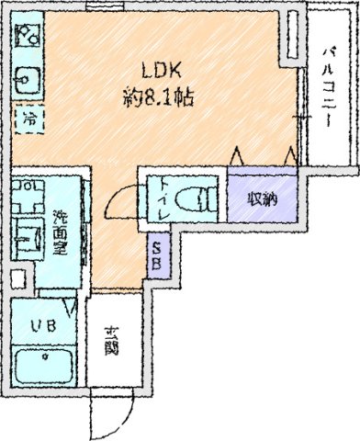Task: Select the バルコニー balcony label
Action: [x=332, y=87]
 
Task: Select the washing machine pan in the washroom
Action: [x=29, y=197]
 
